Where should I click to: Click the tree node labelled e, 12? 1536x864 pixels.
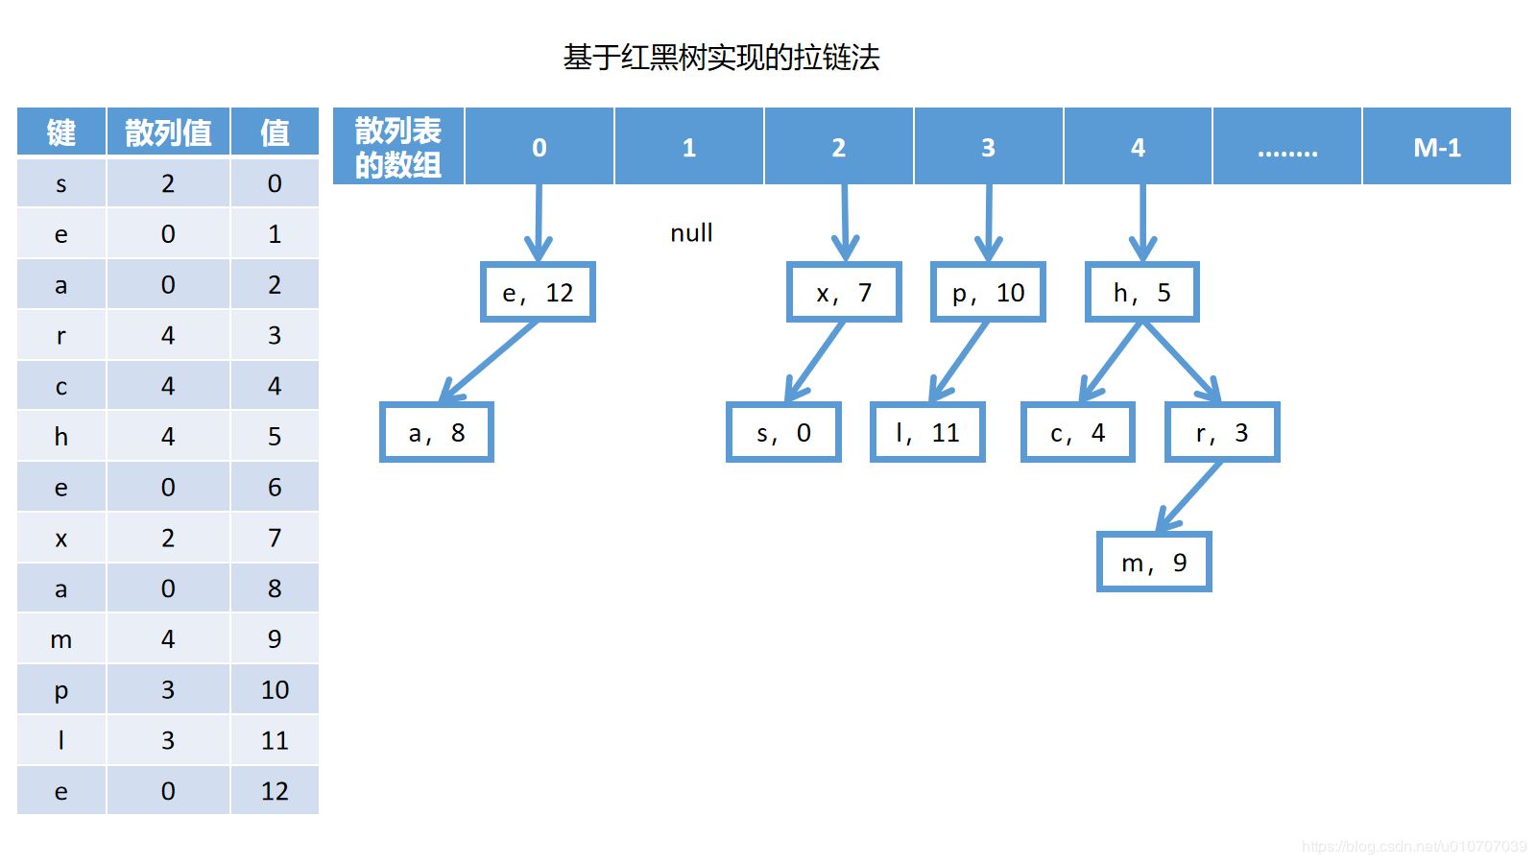[538, 292]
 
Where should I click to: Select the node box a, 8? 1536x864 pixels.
[437, 432]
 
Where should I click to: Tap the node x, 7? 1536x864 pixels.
[844, 292]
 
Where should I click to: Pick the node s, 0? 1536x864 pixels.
[783, 432]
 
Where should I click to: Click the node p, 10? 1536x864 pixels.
[988, 292]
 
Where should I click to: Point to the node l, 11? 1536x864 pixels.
[927, 432]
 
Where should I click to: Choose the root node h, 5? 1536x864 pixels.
[1142, 292]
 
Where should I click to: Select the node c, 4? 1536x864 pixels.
[1078, 432]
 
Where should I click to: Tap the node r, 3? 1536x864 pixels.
[1222, 432]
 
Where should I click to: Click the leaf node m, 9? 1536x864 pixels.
[1154, 562]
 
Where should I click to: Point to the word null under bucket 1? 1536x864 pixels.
[691, 233]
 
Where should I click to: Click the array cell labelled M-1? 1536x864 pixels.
[1436, 147]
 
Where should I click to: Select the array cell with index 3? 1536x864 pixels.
[988, 147]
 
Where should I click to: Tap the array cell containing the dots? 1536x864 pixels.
[1287, 147]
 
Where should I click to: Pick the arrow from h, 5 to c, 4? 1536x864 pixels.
[1112, 362]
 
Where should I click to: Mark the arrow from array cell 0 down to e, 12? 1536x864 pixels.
[539, 221]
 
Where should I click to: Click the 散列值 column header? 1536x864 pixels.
[168, 132]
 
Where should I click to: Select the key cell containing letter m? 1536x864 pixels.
[61, 639]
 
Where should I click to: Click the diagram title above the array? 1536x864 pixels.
[721, 58]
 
